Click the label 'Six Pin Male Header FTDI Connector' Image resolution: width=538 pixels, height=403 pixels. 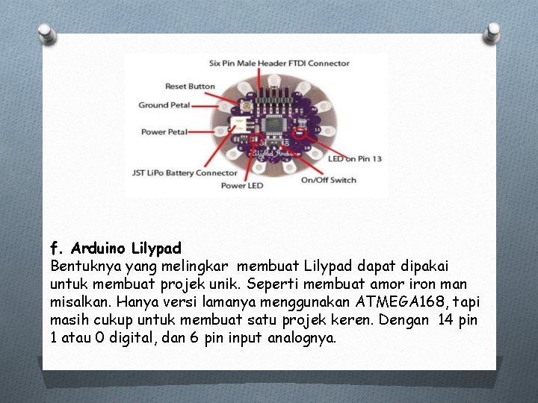tap(279, 63)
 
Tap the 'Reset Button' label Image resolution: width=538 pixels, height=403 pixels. tap(190, 87)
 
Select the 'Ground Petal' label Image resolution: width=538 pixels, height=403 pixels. tap(164, 105)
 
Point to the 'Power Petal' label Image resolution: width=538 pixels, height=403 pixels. tap(164, 132)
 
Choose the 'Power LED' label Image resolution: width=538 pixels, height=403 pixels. tap(243, 185)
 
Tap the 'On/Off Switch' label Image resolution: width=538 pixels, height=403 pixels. tap(328, 180)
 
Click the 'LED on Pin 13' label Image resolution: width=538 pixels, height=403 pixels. tap(355, 159)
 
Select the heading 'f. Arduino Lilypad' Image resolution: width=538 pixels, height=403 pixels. tap(115, 247)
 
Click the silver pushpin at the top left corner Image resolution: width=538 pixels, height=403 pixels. tap(46, 32)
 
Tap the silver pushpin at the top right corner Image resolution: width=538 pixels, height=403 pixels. tap(492, 32)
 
